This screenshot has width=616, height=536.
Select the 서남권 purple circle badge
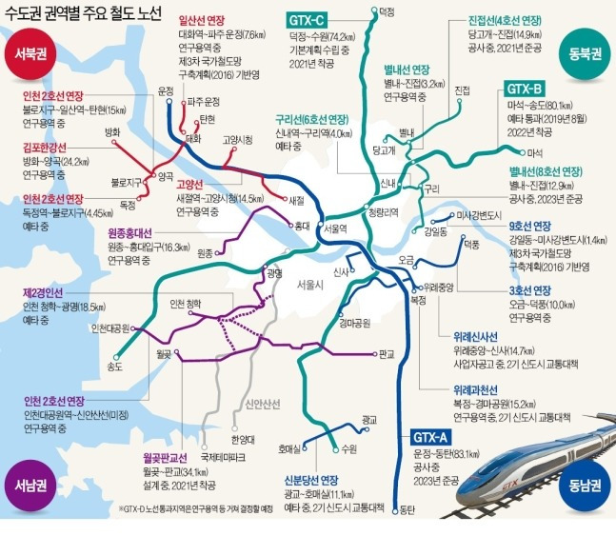point(30,483)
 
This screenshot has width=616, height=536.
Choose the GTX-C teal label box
point(308,19)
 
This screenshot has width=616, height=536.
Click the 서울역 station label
point(336,228)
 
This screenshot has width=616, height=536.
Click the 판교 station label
point(386,354)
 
